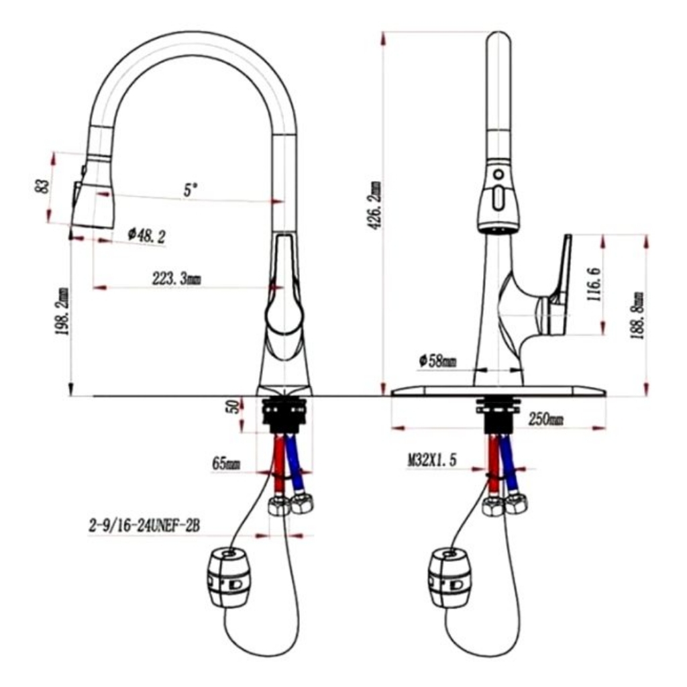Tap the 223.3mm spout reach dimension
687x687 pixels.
[x=176, y=278]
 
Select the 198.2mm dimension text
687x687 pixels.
[x=62, y=311]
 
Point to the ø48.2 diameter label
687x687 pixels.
[x=147, y=236]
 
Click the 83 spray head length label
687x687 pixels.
[x=42, y=187]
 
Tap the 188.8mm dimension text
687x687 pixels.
[x=637, y=315]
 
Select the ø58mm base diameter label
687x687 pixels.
[x=437, y=362]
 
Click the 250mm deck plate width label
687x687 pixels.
[x=546, y=419]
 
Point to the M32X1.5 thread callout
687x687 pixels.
[x=433, y=460]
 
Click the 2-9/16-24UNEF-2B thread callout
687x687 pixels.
[x=144, y=526]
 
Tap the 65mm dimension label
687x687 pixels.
[x=226, y=464]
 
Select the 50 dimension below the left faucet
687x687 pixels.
[x=235, y=406]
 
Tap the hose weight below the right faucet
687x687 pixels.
[x=449, y=578]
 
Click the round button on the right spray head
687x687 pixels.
[x=498, y=174]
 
